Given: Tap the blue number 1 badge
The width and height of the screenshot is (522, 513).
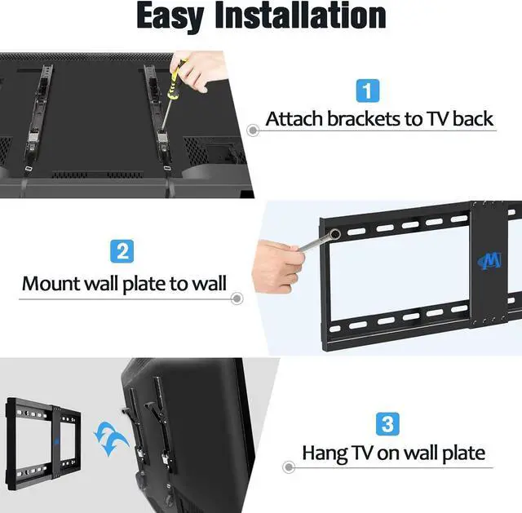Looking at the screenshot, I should tap(366, 90).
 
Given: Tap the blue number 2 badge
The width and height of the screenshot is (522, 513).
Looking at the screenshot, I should tap(122, 251).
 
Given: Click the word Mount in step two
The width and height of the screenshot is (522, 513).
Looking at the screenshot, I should tap(51, 284).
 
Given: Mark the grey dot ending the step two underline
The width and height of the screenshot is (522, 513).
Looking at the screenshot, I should tap(237, 299).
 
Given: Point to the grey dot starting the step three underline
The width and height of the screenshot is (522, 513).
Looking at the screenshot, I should tap(288, 468).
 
